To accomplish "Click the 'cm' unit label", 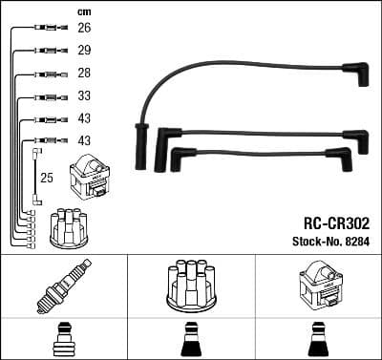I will click(x=83, y=11).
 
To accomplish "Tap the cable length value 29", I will click(x=84, y=52).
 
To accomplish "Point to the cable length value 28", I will click(x=84, y=74).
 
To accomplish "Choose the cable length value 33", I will click(x=84, y=96).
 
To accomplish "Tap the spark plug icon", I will click(x=62, y=284).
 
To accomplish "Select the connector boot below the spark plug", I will click(x=63, y=340).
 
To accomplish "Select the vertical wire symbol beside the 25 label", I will click(x=35, y=177).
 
